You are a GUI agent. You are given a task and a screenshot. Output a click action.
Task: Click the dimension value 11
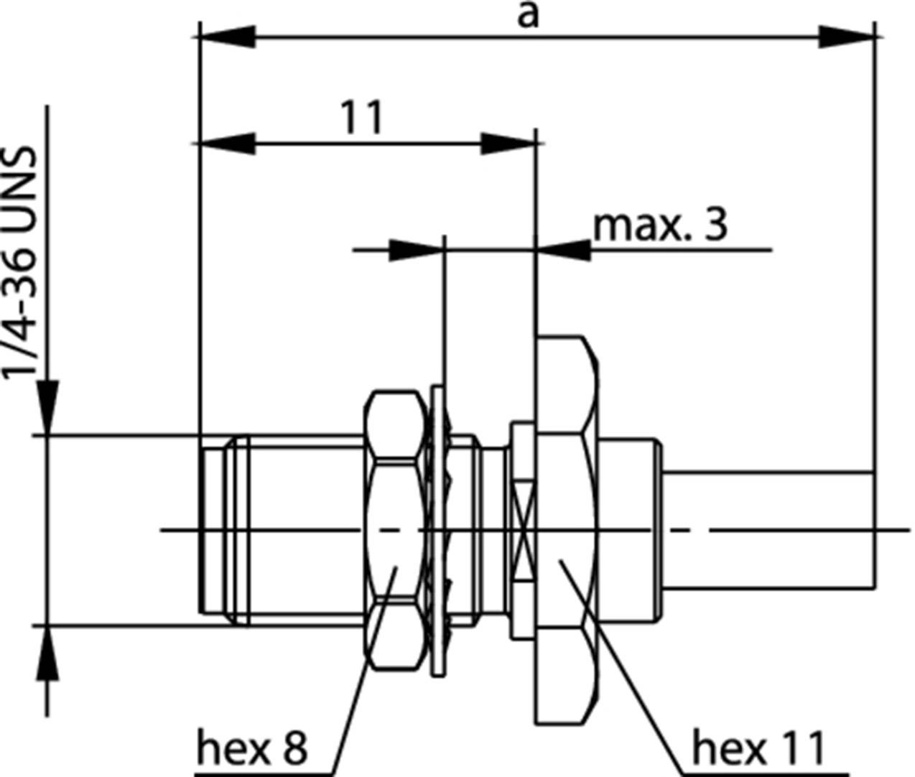coord(361,118)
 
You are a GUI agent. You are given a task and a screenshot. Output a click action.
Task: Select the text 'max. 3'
coord(659,225)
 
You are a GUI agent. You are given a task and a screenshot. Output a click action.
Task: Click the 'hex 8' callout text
coord(252,749)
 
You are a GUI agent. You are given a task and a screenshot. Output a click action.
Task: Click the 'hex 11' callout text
coord(758,749)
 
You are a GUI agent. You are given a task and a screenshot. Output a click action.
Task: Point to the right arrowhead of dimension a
coord(846,37)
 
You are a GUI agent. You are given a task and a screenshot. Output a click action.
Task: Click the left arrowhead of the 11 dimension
coord(228,143)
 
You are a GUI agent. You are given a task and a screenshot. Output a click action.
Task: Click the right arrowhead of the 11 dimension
coord(507,143)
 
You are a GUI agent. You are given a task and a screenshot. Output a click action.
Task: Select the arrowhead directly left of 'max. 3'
coord(565,250)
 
